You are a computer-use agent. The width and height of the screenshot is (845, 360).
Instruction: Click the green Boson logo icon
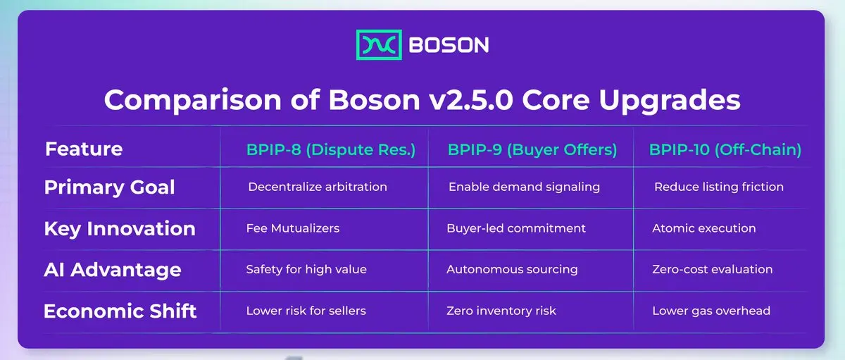click(x=379, y=44)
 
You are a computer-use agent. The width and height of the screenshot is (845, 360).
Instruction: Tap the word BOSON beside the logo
click(x=449, y=45)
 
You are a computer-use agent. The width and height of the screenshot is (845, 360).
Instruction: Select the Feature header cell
click(x=84, y=149)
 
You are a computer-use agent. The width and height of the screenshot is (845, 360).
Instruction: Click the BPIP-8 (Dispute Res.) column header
click(x=331, y=149)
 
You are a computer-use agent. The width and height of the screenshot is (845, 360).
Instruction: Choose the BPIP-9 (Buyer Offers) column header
click(x=532, y=149)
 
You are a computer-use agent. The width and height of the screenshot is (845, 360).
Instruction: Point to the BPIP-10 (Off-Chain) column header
click(x=725, y=149)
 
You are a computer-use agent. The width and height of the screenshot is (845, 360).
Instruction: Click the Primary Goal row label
click(x=109, y=187)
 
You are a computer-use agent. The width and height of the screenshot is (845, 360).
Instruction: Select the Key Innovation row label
click(x=120, y=229)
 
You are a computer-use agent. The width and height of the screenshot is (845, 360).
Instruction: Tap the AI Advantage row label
click(x=113, y=270)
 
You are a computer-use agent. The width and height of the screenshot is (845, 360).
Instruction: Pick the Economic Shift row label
click(x=120, y=311)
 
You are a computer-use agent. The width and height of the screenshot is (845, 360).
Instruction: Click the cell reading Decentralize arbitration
click(x=318, y=187)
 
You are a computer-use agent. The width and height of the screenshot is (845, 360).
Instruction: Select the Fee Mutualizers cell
click(x=293, y=228)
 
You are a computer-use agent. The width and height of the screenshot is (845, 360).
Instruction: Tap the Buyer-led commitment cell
click(x=516, y=228)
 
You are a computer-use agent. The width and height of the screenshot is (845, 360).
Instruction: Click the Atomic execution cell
click(x=704, y=228)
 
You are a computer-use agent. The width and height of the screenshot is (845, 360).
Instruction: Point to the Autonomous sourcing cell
click(x=512, y=269)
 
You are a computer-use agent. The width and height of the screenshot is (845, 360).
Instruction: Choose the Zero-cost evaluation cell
click(x=712, y=269)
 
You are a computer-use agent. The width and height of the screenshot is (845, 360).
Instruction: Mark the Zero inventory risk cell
click(x=501, y=311)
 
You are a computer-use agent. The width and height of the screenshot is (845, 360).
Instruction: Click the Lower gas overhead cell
click(x=711, y=311)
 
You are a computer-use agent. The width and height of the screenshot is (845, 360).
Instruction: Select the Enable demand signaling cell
click(x=524, y=187)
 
